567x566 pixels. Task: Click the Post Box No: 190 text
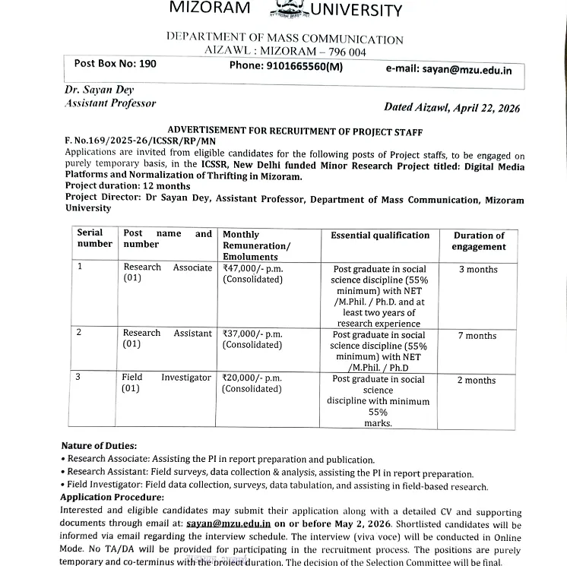(116, 64)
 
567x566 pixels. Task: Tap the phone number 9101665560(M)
(286, 66)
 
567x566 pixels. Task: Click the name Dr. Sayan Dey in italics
(100, 90)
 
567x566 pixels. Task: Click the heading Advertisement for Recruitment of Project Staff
(293, 130)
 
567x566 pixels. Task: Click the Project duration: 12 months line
(128, 186)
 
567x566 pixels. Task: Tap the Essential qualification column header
(380, 236)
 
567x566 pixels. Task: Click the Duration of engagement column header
(478, 241)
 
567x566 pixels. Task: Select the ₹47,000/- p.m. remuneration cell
(252, 274)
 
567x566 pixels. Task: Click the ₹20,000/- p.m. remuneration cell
(252, 383)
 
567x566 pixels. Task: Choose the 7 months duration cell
(477, 336)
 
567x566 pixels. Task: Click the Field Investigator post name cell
(166, 383)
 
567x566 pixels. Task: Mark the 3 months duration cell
(478, 270)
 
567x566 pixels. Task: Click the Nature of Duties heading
(99, 446)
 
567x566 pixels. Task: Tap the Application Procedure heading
(112, 497)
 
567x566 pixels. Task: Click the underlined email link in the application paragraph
(229, 524)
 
